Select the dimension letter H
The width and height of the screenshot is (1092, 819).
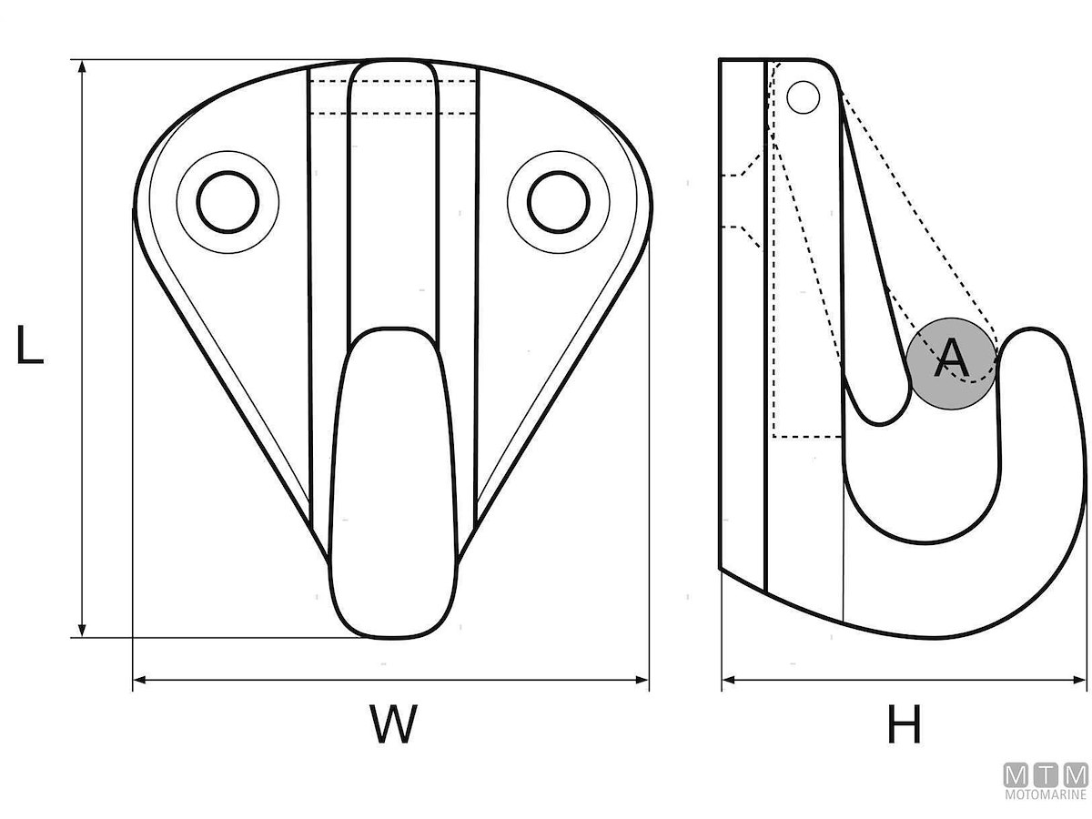click(904, 725)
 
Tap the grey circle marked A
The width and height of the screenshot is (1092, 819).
click(952, 361)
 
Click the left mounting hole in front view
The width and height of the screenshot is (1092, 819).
click(227, 201)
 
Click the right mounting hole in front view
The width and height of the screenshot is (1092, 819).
click(558, 201)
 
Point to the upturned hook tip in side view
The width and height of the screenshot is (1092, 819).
click(1033, 346)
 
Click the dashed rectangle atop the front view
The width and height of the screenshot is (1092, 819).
click(393, 96)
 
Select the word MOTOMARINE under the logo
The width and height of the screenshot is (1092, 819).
click(1045, 794)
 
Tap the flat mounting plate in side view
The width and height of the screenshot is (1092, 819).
click(743, 318)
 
